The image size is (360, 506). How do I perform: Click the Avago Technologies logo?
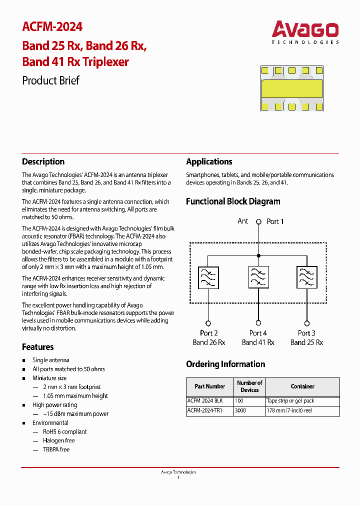[305, 32]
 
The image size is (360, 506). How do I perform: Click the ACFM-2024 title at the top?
[52, 26]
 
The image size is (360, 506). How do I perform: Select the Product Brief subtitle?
[50, 80]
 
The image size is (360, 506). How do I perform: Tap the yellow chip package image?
[291, 88]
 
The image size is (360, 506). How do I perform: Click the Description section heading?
[43, 161]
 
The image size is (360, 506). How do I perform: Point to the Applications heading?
[209, 161]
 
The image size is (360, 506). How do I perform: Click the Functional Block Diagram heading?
[233, 201]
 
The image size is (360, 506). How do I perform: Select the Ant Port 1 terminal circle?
[258, 221]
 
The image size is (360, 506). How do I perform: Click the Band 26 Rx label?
[209, 342]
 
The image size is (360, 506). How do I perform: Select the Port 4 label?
[258, 333]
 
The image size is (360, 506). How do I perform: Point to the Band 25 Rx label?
[306, 342]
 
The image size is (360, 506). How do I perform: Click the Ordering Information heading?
[225, 364]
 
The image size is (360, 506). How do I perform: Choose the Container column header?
[302, 386]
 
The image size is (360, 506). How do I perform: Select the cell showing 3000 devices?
[240, 410]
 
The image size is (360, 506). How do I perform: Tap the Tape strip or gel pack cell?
[290, 401]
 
